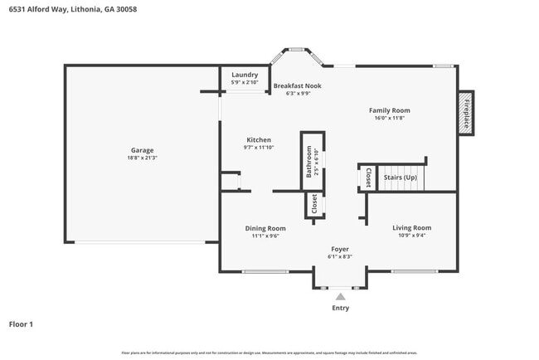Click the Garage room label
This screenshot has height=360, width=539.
coord(142,150)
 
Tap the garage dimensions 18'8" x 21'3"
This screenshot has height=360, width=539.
coord(142,158)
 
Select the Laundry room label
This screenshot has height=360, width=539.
coord(245,75)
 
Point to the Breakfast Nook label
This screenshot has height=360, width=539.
coord(297,85)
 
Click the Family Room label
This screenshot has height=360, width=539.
coord(389,110)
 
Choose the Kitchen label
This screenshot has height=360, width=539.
coord(258,140)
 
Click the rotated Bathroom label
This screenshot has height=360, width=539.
coord(308,162)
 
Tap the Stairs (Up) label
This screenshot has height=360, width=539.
coord(400,177)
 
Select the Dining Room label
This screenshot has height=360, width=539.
coord(265,228)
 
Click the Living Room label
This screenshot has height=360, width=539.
coord(411,227)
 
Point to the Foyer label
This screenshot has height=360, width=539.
coord(340,249)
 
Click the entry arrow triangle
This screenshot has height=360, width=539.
coord(340,295)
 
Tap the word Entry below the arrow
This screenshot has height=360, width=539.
coord(340,308)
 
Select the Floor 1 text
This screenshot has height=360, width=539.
coord(21,324)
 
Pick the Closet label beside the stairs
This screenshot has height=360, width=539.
coord(369,178)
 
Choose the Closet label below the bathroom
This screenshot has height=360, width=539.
coord(313,202)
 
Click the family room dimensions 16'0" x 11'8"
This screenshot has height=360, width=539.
coord(389,118)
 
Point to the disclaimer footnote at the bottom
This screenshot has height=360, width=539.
coord(269,353)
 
